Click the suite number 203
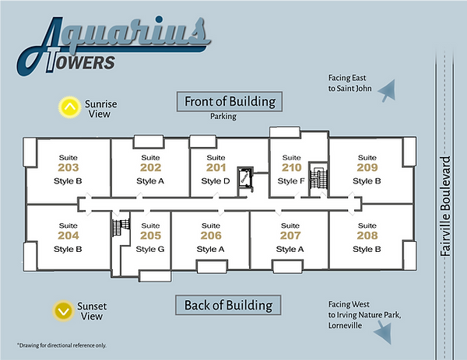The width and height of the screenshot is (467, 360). coord(68,167)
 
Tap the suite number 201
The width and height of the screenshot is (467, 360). coord(216,167)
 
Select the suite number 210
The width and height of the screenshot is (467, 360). coord(291,167)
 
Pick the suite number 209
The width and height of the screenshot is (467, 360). coord(367,167)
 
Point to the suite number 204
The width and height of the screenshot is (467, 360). coord(68,236)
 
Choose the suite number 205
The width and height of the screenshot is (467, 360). coord(150,236)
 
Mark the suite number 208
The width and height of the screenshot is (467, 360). coord(367,236)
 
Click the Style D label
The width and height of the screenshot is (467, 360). coord(216,181)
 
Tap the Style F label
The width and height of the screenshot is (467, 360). coord(291,181)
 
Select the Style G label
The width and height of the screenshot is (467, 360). coord(150,249)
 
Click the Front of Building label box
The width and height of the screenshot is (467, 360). coord(230,101)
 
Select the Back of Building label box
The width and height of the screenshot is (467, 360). coord(229,305)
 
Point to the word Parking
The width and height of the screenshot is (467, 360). coord(223,117)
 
